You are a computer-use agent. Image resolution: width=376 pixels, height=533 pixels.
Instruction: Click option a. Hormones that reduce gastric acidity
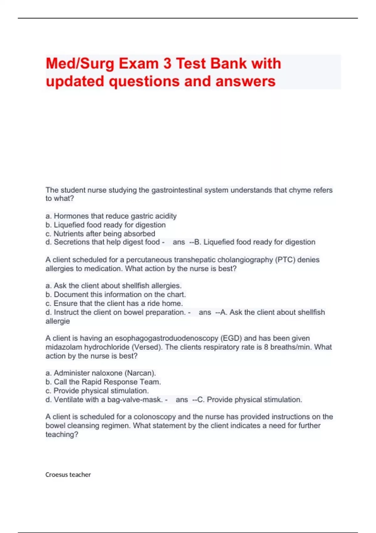[111, 216]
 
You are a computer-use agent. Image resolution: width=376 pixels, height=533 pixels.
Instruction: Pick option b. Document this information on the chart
[116, 294]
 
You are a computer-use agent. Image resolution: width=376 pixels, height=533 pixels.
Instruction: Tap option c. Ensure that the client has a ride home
[114, 303]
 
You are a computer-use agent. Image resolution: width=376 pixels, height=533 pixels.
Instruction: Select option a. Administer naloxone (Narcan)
[101, 373]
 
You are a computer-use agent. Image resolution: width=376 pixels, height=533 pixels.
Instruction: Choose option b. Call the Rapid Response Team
[103, 382]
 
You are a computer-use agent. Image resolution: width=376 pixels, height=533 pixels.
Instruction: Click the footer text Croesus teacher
[68, 475]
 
